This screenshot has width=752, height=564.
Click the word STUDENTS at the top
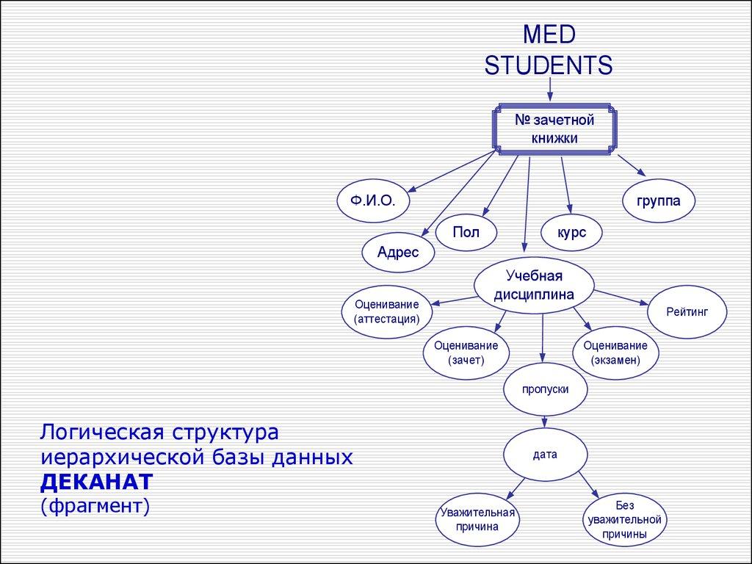point(549,65)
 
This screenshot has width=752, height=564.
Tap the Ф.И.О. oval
point(373,200)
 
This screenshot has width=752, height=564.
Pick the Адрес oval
point(398,253)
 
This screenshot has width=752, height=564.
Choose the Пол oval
point(466,232)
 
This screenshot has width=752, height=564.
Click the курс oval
point(571,233)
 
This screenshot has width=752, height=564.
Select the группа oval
point(659,200)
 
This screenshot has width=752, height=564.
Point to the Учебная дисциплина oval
point(534,286)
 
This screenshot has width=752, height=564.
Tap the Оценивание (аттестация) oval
point(386,312)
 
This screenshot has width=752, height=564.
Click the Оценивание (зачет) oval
point(466,352)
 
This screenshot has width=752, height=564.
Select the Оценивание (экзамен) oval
point(615,352)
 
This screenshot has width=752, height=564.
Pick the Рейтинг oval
point(687,312)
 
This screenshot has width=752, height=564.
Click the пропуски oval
point(545,389)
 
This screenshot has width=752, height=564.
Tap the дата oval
point(545,455)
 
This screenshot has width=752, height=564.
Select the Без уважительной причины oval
point(624,519)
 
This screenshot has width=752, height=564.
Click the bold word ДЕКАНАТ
point(96,481)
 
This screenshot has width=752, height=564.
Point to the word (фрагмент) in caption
point(95,505)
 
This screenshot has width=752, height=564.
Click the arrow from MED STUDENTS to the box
point(549,90)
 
